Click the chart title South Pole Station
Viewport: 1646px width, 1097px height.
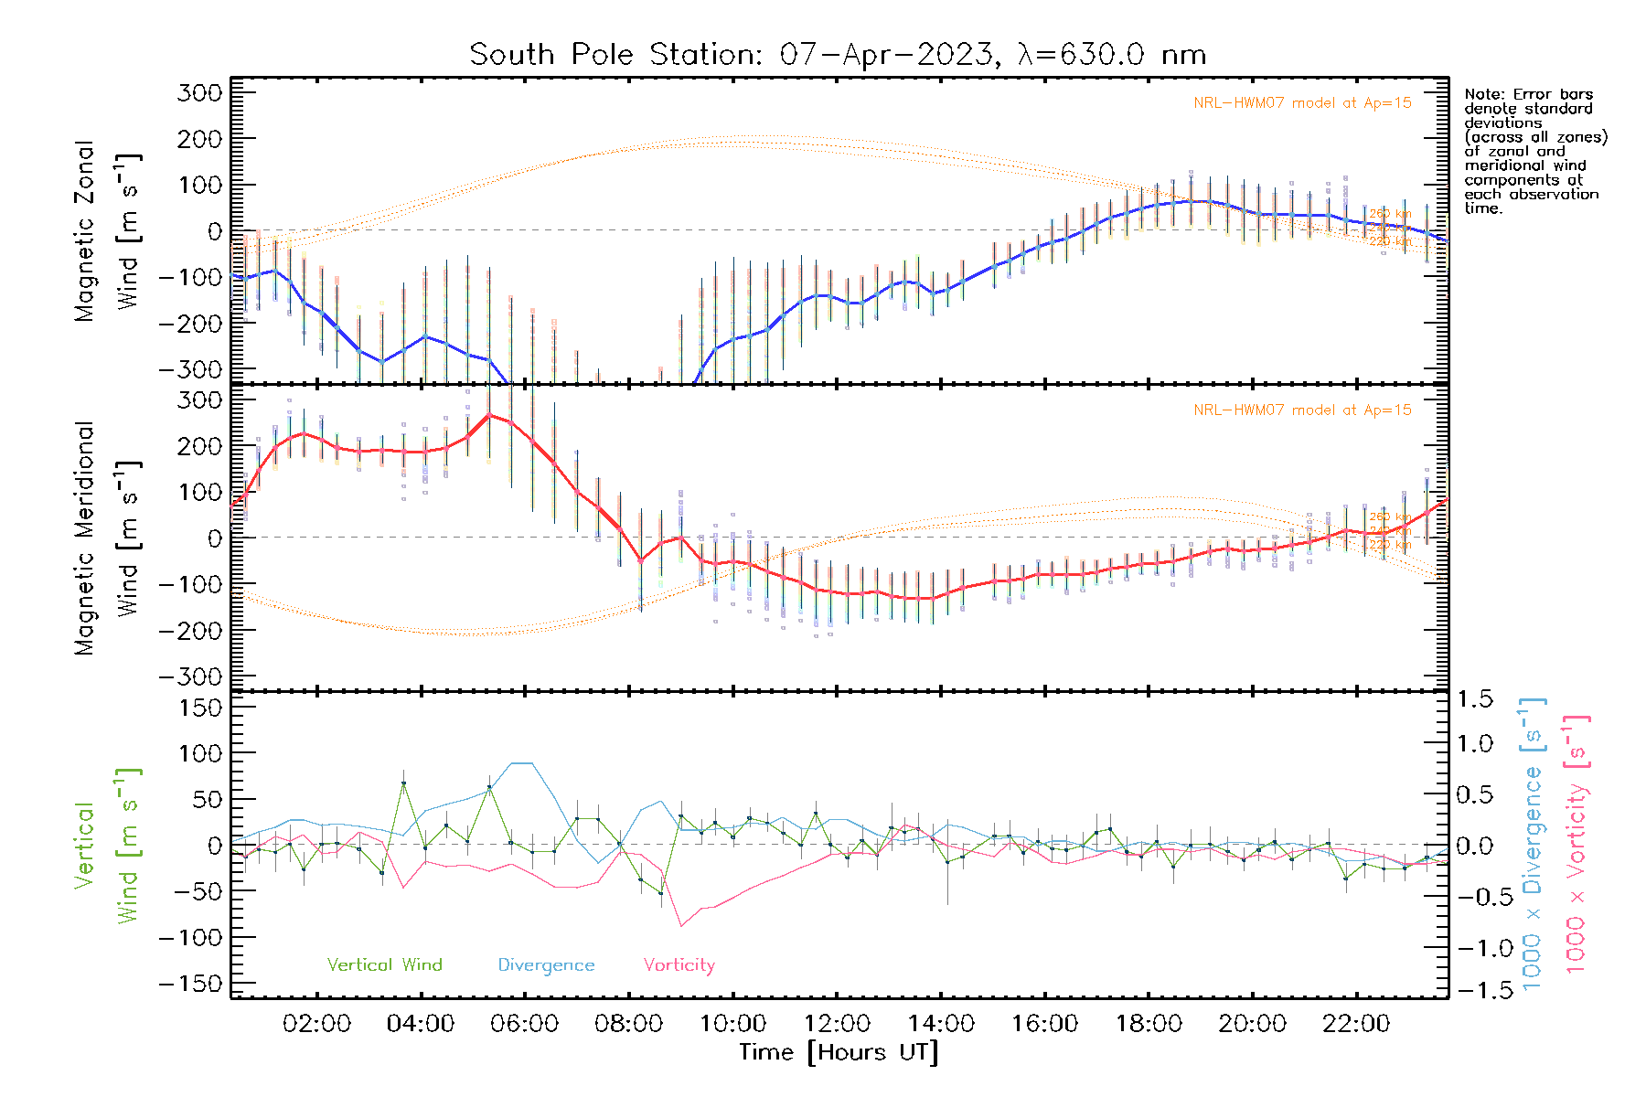837,55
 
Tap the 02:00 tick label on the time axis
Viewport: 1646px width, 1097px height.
316,1024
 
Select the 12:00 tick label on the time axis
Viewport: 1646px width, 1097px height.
837,1024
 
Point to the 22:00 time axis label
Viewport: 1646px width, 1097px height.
1356,1024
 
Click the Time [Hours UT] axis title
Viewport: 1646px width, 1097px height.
839,1052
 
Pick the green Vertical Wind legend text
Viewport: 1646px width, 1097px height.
384,965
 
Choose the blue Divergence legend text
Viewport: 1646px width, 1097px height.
546,965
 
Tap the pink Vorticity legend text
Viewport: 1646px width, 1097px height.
679,965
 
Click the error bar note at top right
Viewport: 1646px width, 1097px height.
1534,151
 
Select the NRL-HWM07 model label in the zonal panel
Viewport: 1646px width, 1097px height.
1302,103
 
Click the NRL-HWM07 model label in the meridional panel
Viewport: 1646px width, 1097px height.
1302,410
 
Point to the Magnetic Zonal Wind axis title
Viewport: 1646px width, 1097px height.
107,230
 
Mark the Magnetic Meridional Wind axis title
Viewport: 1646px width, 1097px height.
107,538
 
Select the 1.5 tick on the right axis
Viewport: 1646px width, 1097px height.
1475,699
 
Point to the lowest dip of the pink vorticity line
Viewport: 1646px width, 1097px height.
681,926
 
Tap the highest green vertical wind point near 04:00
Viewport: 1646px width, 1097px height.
403,783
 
